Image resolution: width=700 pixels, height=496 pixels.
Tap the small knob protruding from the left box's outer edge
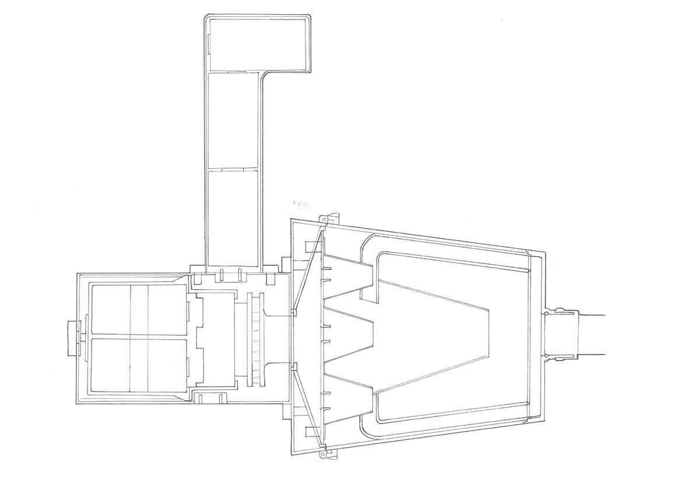point(72,338)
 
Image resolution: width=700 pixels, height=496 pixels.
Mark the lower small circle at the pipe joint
point(545,355)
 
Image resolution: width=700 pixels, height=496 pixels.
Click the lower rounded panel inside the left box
point(139,365)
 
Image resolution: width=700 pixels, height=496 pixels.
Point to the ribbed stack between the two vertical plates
point(254,339)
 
